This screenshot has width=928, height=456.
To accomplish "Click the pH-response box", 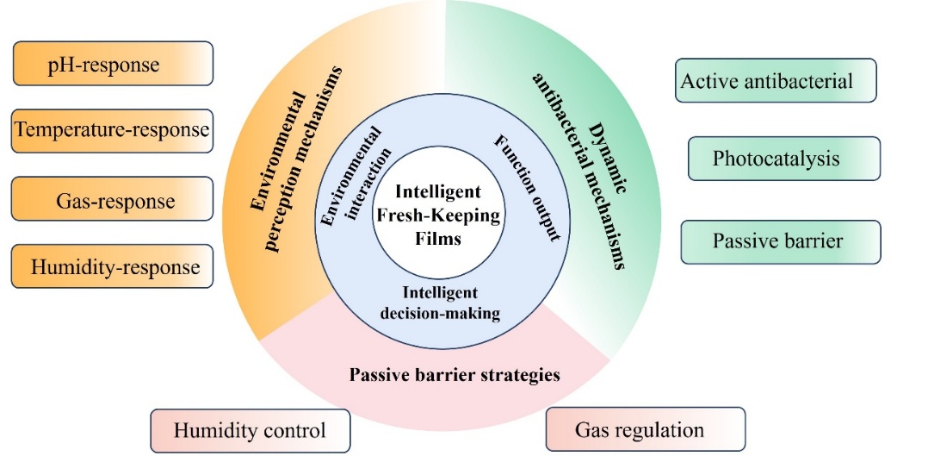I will click(113, 65).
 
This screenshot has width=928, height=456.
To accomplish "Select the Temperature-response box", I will click(113, 131).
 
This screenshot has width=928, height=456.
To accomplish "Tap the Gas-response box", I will click(113, 200).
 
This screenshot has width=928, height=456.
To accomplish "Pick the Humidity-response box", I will click(113, 266).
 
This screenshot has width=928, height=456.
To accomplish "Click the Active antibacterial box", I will click(776, 81).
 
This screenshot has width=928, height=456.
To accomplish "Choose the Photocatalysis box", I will click(783, 159).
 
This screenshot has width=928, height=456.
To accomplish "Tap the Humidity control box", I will click(251, 430).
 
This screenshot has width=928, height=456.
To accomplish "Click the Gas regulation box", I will click(645, 429).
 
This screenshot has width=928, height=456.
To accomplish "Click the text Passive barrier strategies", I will click(455, 375).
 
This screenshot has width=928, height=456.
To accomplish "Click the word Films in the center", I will click(437, 240).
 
